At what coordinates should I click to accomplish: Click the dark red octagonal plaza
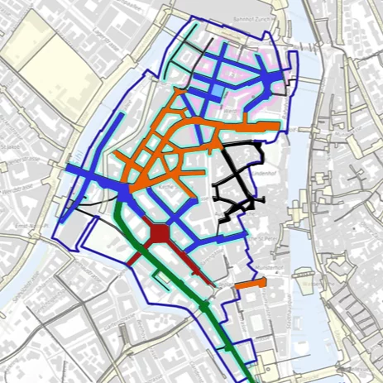[x=158, y=234]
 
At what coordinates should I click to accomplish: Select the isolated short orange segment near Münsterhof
[x=250, y=285]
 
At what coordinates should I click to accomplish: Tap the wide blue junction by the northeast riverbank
[x=274, y=79]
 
